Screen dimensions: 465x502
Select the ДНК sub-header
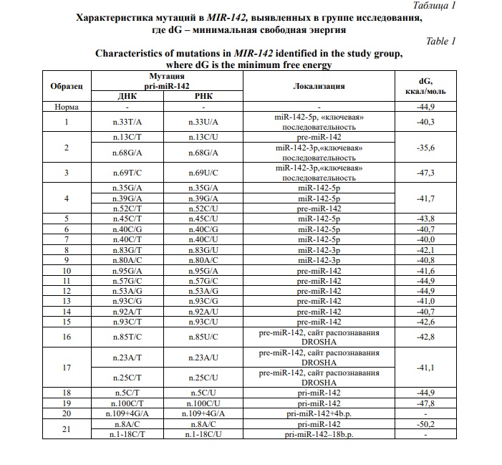click(127, 96)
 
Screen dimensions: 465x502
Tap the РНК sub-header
click(204, 96)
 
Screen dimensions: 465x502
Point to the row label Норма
click(67, 107)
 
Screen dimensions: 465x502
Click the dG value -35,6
click(426, 148)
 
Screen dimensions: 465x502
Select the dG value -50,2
click(426, 424)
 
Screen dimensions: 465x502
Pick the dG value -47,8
click(426, 403)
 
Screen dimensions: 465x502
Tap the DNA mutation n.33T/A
click(127, 122)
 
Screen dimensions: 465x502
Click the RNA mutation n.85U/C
click(204, 337)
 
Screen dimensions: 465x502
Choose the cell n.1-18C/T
click(127, 434)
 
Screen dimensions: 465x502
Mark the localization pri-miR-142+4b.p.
click(319, 413)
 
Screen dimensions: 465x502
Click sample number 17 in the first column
click(67, 368)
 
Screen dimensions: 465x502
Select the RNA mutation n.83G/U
click(204, 250)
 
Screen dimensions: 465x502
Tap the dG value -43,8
click(426, 219)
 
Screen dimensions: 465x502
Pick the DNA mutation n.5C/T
click(127, 393)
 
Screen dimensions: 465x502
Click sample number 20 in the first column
click(67, 413)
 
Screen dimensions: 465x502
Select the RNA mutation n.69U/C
click(204, 173)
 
